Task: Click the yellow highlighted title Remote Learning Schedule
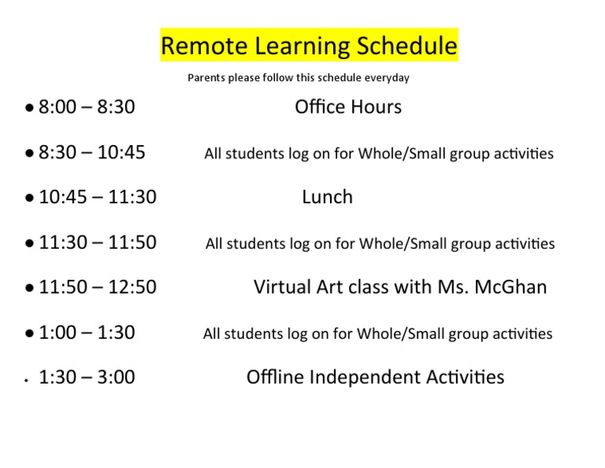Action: tap(309, 46)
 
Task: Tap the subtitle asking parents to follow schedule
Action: tap(298, 78)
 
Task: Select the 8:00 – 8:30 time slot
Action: tap(87, 107)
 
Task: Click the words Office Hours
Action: tap(347, 107)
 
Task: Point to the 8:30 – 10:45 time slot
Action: tap(92, 152)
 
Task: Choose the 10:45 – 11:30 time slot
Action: tap(98, 197)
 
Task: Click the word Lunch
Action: tap(327, 197)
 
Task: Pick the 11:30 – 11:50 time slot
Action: tap(98, 243)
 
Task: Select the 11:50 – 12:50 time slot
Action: tap(98, 288)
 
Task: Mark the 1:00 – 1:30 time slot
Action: tap(87, 332)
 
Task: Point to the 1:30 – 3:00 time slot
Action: tap(87, 377)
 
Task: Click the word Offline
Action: tap(275, 377)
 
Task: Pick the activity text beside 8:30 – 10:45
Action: tap(379, 154)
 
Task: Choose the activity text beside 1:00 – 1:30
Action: tap(377, 334)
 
